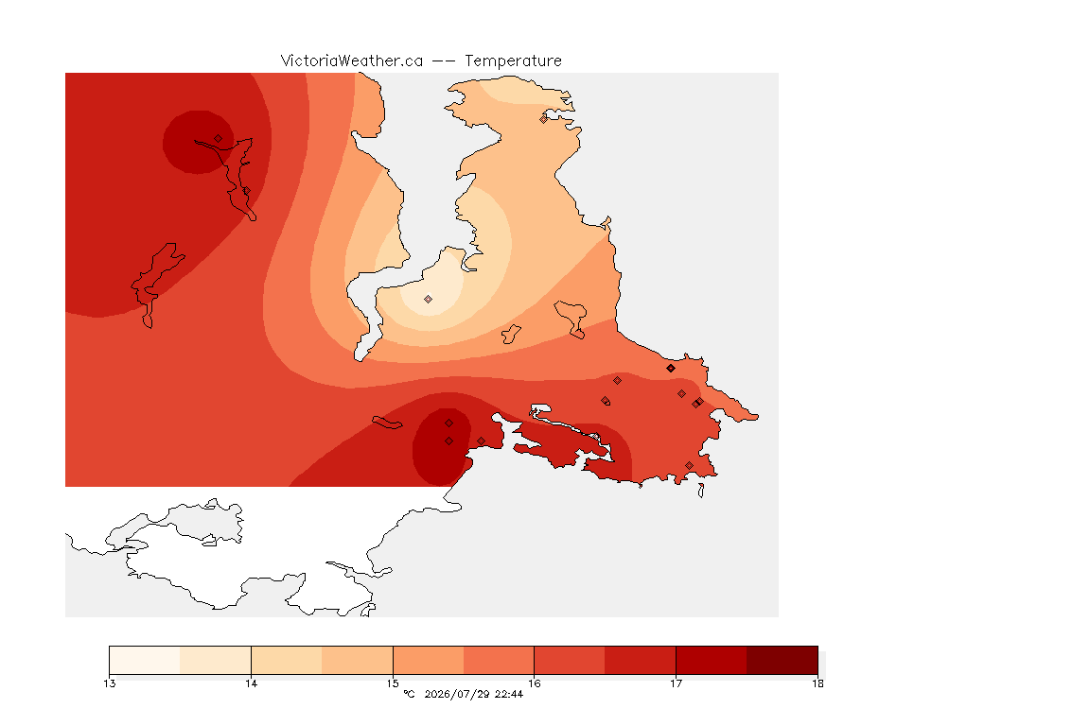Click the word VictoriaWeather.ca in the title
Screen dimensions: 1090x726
[352, 61]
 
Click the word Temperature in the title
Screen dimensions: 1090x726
[513, 61]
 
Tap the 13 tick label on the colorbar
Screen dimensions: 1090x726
[110, 683]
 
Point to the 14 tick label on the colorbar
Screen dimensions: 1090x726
[251, 683]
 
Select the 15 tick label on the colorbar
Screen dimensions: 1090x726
[393, 683]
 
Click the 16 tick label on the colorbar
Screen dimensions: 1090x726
[535, 683]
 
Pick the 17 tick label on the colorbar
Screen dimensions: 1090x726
[676, 683]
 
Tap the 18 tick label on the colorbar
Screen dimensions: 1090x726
[817, 683]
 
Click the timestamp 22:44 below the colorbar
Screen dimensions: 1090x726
[509, 694]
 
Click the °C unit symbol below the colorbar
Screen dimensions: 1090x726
[409, 694]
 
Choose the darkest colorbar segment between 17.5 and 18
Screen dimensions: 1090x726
[782, 660]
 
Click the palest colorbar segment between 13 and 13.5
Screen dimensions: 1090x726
[145, 660]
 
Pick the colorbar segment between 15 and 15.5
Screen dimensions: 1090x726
[429, 660]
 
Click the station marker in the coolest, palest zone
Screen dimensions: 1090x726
[429, 300]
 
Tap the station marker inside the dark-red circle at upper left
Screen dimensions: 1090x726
[219, 139]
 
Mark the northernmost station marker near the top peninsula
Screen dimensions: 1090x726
[544, 119]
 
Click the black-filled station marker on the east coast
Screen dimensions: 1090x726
[671, 369]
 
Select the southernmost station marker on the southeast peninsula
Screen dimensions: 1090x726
[689, 465]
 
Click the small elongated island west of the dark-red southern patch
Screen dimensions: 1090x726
[387, 423]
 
